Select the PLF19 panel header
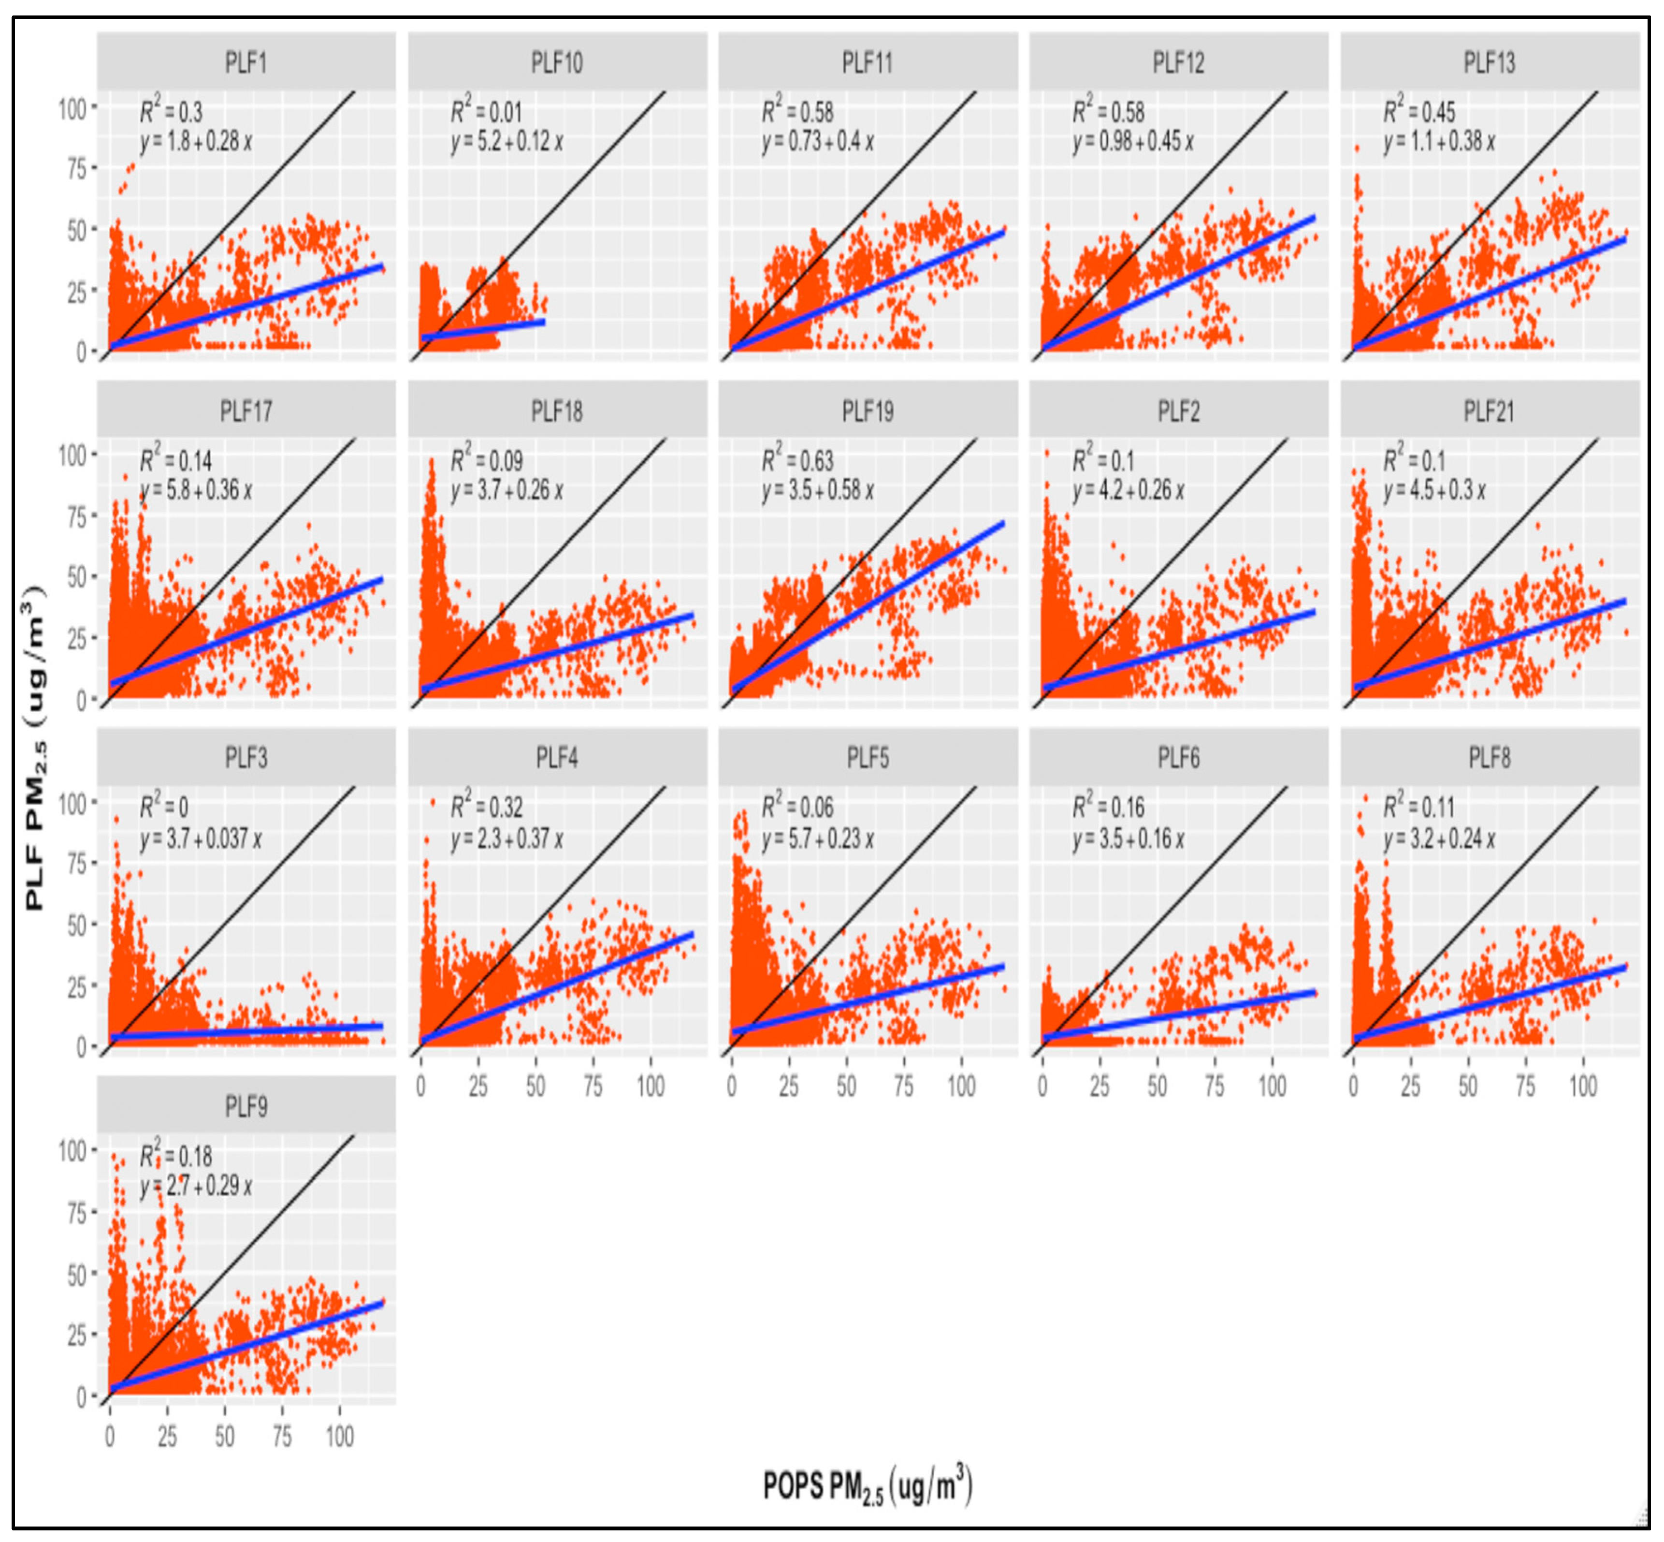(x=868, y=411)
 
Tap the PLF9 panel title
(x=246, y=1106)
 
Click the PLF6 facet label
(x=1178, y=758)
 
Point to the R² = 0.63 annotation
(x=797, y=460)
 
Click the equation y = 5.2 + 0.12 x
(x=507, y=141)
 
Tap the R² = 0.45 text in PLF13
(x=1419, y=111)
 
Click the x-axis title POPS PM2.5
(x=868, y=1486)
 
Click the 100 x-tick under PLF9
(x=339, y=1437)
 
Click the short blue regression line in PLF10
(x=484, y=330)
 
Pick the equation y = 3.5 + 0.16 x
(x=1129, y=838)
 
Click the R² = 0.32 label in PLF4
(x=486, y=807)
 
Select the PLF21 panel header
(x=1489, y=411)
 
